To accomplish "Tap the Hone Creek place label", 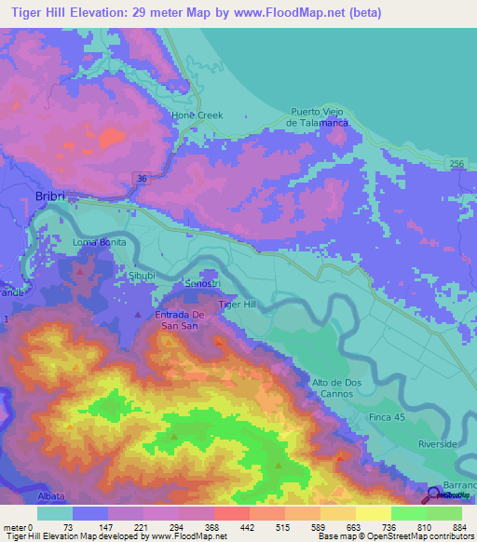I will [197, 115].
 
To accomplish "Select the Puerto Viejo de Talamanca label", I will [318, 117].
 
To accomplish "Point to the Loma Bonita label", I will [99, 243].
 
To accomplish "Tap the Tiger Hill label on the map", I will [236, 305].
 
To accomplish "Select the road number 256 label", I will [456, 164].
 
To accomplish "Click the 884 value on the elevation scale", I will [459, 527].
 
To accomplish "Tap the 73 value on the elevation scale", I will [68, 527].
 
